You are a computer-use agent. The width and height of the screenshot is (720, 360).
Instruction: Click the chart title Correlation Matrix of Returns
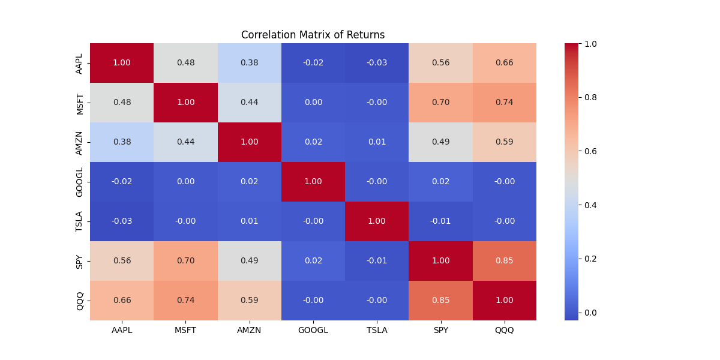[x=313, y=35]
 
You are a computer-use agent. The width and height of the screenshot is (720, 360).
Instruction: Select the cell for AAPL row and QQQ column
[x=505, y=63]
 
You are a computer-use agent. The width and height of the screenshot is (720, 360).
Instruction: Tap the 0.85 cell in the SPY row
[x=505, y=261]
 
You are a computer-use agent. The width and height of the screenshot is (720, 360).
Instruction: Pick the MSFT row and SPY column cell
[x=440, y=103]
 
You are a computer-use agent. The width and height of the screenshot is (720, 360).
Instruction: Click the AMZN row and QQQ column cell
[x=505, y=142]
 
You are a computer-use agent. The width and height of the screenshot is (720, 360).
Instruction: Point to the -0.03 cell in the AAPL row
[x=377, y=63]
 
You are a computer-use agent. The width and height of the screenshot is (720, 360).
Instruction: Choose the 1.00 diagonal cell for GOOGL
[x=313, y=182]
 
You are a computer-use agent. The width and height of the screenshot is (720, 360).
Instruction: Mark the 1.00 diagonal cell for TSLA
[x=377, y=221]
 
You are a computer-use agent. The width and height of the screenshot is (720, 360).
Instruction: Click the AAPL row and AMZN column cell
[x=249, y=63]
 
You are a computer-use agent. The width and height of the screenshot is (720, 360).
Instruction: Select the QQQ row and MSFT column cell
[x=185, y=301]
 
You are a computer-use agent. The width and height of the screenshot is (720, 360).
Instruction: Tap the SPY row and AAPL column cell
[x=122, y=261]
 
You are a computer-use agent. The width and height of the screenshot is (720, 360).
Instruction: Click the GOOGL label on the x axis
[x=313, y=331]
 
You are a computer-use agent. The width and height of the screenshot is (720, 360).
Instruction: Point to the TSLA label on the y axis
[x=79, y=221]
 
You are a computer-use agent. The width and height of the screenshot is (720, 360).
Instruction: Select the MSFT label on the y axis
[x=79, y=103]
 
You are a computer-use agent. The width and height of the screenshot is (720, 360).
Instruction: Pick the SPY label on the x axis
[x=440, y=331]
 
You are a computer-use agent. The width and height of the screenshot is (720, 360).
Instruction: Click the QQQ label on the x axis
[x=505, y=331]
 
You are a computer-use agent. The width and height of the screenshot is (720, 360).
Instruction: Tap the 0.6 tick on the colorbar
[x=590, y=151]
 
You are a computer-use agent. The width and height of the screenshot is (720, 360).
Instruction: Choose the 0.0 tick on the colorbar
[x=590, y=313]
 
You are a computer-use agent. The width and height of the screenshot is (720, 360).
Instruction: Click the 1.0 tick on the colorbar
[x=590, y=44]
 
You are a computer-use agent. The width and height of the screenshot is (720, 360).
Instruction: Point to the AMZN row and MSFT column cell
[x=185, y=142]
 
